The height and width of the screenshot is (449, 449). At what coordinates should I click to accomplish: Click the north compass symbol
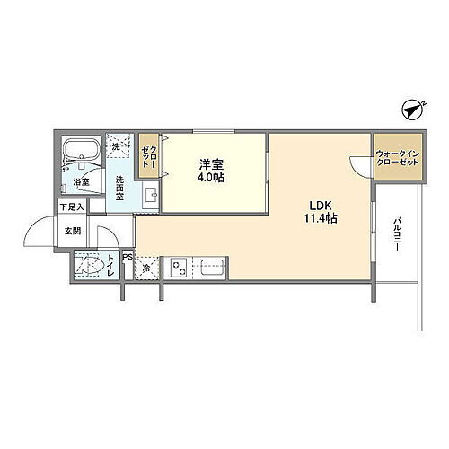414,110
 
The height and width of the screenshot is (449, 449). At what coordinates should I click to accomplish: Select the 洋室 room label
212,163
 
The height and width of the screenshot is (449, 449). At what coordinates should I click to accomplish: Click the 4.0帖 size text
212,177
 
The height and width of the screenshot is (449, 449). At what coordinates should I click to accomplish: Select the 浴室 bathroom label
81,183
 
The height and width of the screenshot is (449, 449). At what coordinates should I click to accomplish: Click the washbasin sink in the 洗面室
150,194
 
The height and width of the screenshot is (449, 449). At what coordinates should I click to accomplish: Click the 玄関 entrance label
72,230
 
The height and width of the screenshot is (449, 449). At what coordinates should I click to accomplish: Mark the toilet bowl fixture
90,267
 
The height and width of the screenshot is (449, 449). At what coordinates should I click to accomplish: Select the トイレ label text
110,267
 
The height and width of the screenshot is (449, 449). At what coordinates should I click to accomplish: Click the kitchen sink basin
213,268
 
